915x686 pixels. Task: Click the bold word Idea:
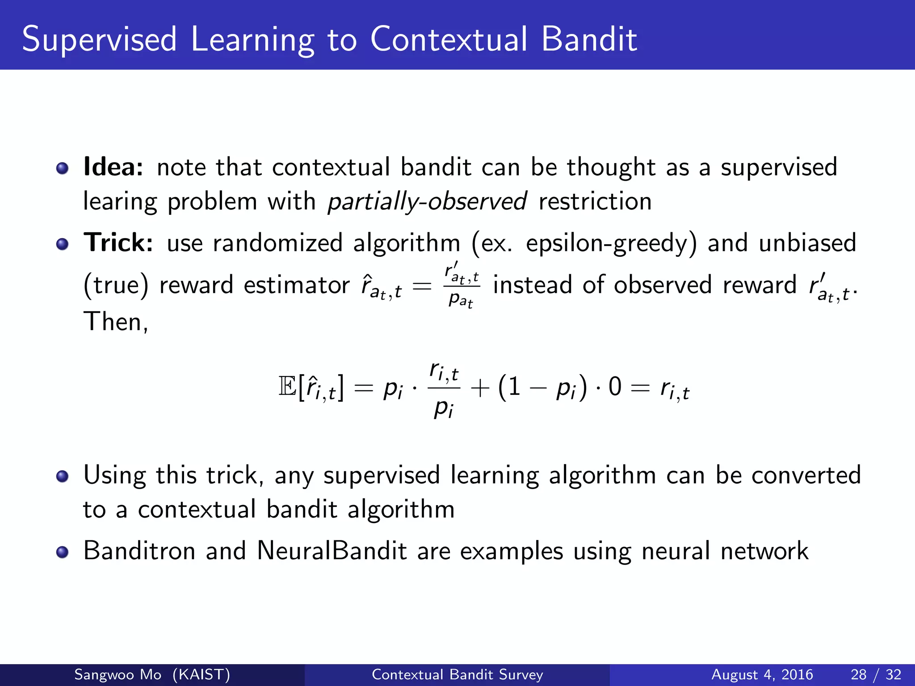[113, 167]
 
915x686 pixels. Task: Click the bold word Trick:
[118, 243]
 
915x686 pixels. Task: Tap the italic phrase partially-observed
[427, 201]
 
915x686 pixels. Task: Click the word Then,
[116, 321]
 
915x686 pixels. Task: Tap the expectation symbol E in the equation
[287, 386]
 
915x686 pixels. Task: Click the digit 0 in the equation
[615, 386]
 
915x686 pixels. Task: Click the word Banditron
[139, 551]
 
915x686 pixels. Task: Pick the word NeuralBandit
[332, 551]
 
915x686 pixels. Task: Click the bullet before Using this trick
[63, 476]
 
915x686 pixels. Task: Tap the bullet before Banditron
[63, 552]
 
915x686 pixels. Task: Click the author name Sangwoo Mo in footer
[118, 674]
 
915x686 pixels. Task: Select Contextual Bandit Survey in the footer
[457, 674]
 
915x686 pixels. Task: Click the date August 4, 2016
[762, 674]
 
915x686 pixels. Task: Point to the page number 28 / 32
[876, 674]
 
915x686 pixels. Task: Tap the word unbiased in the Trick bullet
[807, 243]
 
